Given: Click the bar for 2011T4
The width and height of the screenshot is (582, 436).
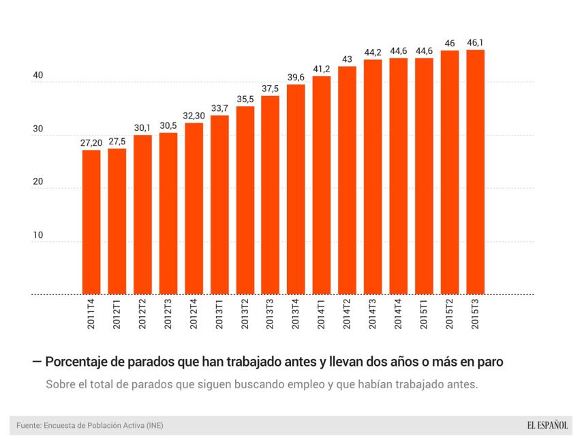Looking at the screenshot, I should point(91,222).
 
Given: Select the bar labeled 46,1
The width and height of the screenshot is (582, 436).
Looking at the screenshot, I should point(476,172).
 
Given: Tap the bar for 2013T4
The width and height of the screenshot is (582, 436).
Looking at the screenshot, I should point(296,189).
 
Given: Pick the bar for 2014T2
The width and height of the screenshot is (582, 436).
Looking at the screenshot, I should point(348,181).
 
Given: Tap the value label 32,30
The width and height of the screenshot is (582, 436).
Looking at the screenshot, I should point(194,116).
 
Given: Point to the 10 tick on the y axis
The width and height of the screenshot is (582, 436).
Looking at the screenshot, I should point(38,235).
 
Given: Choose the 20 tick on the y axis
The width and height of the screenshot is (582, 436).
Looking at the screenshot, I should point(38,182).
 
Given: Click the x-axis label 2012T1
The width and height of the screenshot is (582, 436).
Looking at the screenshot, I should point(117,315).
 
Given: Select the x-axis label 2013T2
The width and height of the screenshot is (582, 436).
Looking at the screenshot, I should point(245,315).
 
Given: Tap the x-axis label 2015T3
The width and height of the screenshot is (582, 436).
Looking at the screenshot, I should point(476,315).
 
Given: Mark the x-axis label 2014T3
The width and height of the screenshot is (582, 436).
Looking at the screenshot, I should point(373,315).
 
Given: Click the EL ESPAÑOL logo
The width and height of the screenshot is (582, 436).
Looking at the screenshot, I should point(547,425).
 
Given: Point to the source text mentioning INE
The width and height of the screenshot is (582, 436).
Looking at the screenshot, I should point(90,426).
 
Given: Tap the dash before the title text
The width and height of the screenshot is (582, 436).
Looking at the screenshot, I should point(36,362).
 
